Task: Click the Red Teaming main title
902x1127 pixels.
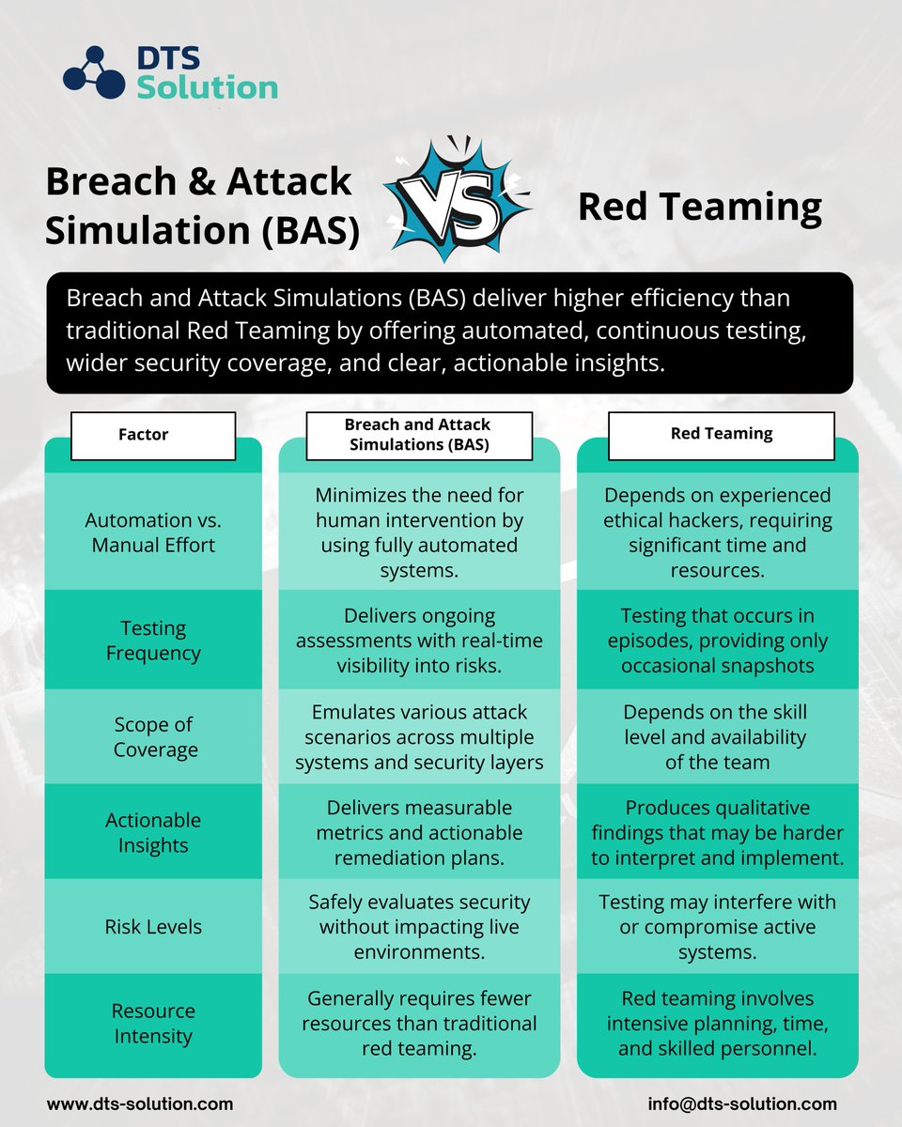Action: [700, 208]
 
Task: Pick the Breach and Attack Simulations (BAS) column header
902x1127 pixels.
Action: [419, 435]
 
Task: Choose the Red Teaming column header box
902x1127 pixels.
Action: [723, 433]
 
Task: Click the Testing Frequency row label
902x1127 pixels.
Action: [153, 641]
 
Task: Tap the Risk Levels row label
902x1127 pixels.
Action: [153, 926]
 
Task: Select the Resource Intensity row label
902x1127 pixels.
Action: [153, 1024]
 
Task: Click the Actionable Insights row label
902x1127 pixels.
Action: [153, 832]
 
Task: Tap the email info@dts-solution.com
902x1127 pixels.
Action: [742, 1104]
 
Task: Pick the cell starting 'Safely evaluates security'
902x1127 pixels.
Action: [419, 926]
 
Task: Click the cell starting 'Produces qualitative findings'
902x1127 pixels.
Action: [718, 832]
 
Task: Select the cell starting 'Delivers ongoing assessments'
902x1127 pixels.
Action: [419, 641]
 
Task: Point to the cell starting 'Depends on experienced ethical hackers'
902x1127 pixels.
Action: [718, 533]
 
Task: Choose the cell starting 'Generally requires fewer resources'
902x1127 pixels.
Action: [419, 1023]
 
